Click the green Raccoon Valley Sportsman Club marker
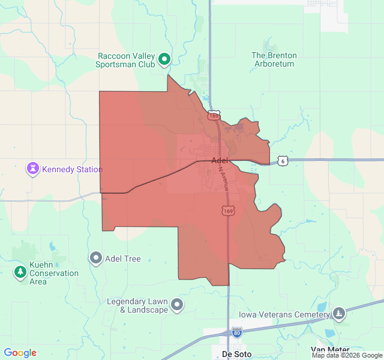(164, 60)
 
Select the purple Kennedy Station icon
(32, 169)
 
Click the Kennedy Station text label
(72, 170)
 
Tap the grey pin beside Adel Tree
(95, 259)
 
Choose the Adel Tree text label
(123, 259)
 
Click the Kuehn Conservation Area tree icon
(20, 272)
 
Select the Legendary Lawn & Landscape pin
(177, 305)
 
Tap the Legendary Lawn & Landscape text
(137, 306)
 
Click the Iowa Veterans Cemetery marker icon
(339, 314)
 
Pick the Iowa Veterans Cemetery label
(284, 314)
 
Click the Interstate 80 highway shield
(238, 332)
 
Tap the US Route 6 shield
(283, 161)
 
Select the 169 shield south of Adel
(228, 211)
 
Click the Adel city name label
(220, 160)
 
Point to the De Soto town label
(235, 353)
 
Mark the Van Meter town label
(330, 350)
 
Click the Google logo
(20, 353)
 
